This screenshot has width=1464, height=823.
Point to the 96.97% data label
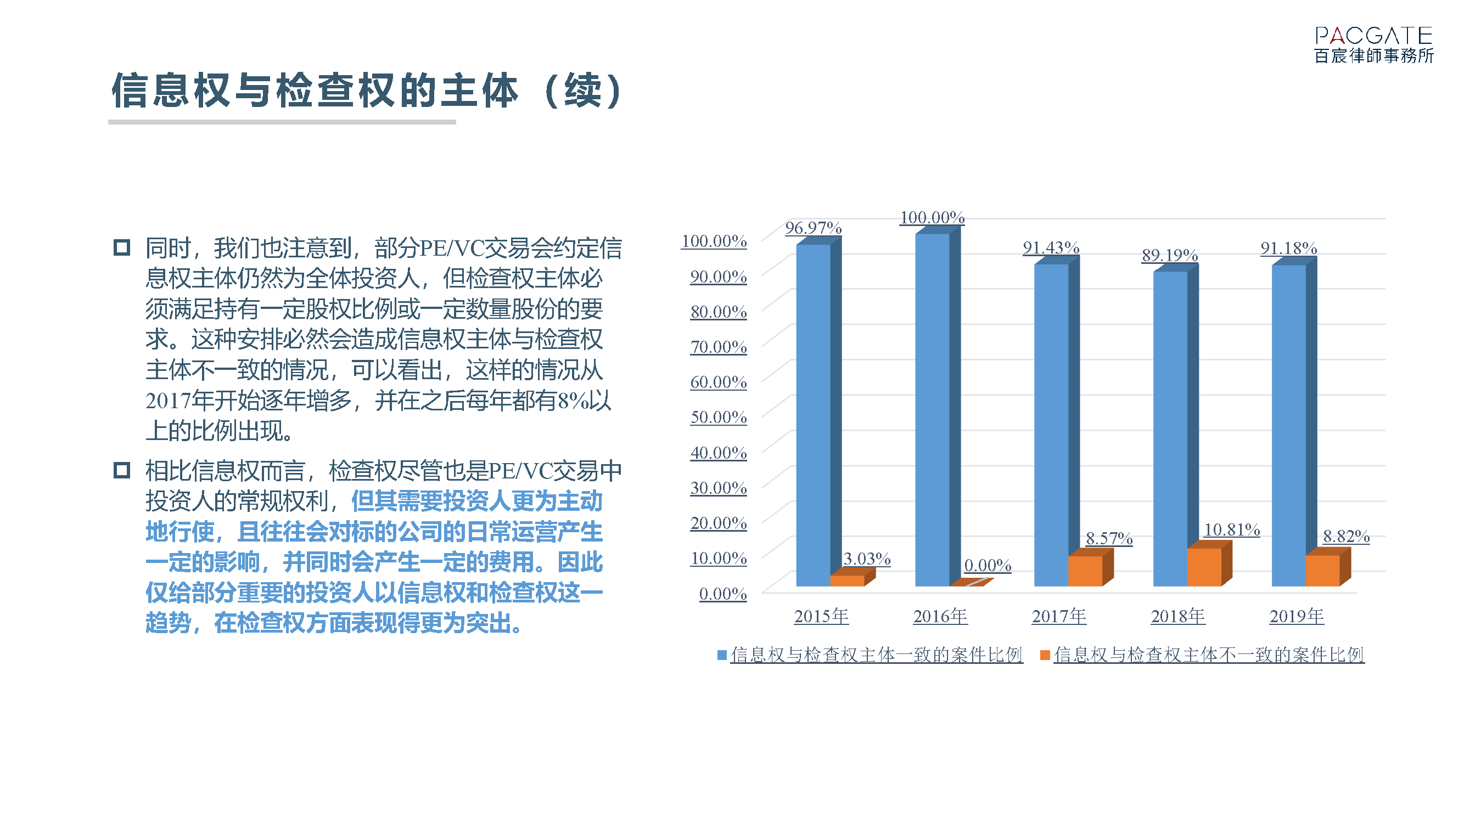tap(814, 228)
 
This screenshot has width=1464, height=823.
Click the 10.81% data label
tap(1232, 530)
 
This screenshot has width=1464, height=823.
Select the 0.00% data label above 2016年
tap(988, 565)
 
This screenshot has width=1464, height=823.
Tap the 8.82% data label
tap(1346, 536)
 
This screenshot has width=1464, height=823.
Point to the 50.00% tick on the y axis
tap(719, 418)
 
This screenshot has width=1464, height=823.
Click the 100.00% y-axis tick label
tap(714, 241)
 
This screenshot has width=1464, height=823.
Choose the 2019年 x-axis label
tap(1297, 616)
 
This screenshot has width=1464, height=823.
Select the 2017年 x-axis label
tap(1059, 616)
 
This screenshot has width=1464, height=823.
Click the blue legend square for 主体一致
tap(722, 655)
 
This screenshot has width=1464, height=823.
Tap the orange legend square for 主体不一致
tap(1045, 655)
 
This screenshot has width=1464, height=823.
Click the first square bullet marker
tap(122, 247)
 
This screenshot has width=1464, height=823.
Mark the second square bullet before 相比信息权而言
tap(122, 470)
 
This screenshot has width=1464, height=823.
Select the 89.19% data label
tap(1170, 255)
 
